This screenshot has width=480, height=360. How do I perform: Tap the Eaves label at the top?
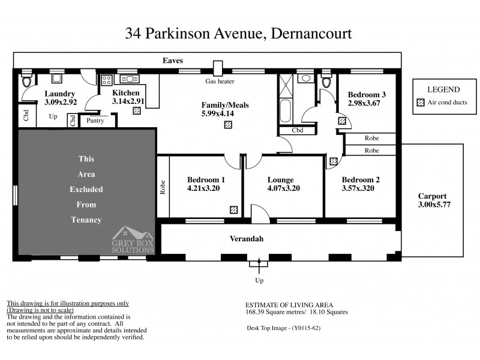[173, 61]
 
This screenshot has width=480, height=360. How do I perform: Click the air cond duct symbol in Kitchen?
[137, 110]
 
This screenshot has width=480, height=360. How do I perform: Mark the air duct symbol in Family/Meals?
[227, 125]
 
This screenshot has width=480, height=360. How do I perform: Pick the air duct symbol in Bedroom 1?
[233, 209]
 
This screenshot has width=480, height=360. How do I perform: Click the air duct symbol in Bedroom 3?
[341, 121]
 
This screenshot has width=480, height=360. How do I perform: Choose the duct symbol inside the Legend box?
[420, 103]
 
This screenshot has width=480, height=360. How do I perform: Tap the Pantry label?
[95, 121]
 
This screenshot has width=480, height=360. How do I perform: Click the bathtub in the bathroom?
[285, 112]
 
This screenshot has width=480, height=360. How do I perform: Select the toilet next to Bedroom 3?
[326, 82]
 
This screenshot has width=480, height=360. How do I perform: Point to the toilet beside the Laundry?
[26, 82]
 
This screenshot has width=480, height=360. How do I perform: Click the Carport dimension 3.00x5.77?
[434, 205]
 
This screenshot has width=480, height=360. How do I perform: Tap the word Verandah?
[247, 239]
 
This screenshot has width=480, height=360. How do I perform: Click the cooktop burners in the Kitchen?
[107, 80]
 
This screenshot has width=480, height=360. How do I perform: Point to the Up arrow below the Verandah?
[259, 264]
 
